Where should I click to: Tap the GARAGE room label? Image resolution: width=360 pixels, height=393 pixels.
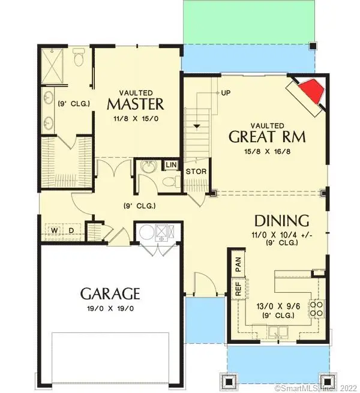tap(110, 293)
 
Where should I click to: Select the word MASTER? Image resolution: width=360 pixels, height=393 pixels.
tap(135, 104)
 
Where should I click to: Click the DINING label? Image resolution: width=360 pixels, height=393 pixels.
tap(281, 220)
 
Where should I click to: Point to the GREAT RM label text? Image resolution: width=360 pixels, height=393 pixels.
tap(267, 136)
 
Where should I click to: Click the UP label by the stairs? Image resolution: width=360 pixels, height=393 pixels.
tap(226, 94)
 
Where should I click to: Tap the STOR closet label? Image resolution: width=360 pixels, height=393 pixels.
tap(196, 172)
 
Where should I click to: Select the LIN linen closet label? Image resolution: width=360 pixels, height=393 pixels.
tap(171, 164)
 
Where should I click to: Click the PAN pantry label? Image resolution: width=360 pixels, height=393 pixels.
tap(238, 262)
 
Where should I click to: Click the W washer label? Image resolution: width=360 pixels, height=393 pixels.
tap(53, 230)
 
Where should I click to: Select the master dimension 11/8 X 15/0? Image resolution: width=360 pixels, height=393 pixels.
tap(135, 119)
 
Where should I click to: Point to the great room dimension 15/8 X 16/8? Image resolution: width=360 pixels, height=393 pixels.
tap(267, 151)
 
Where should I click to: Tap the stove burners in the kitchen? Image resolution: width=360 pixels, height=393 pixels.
tap(316, 308)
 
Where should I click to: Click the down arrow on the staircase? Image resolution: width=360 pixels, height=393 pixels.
tap(196, 127)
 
